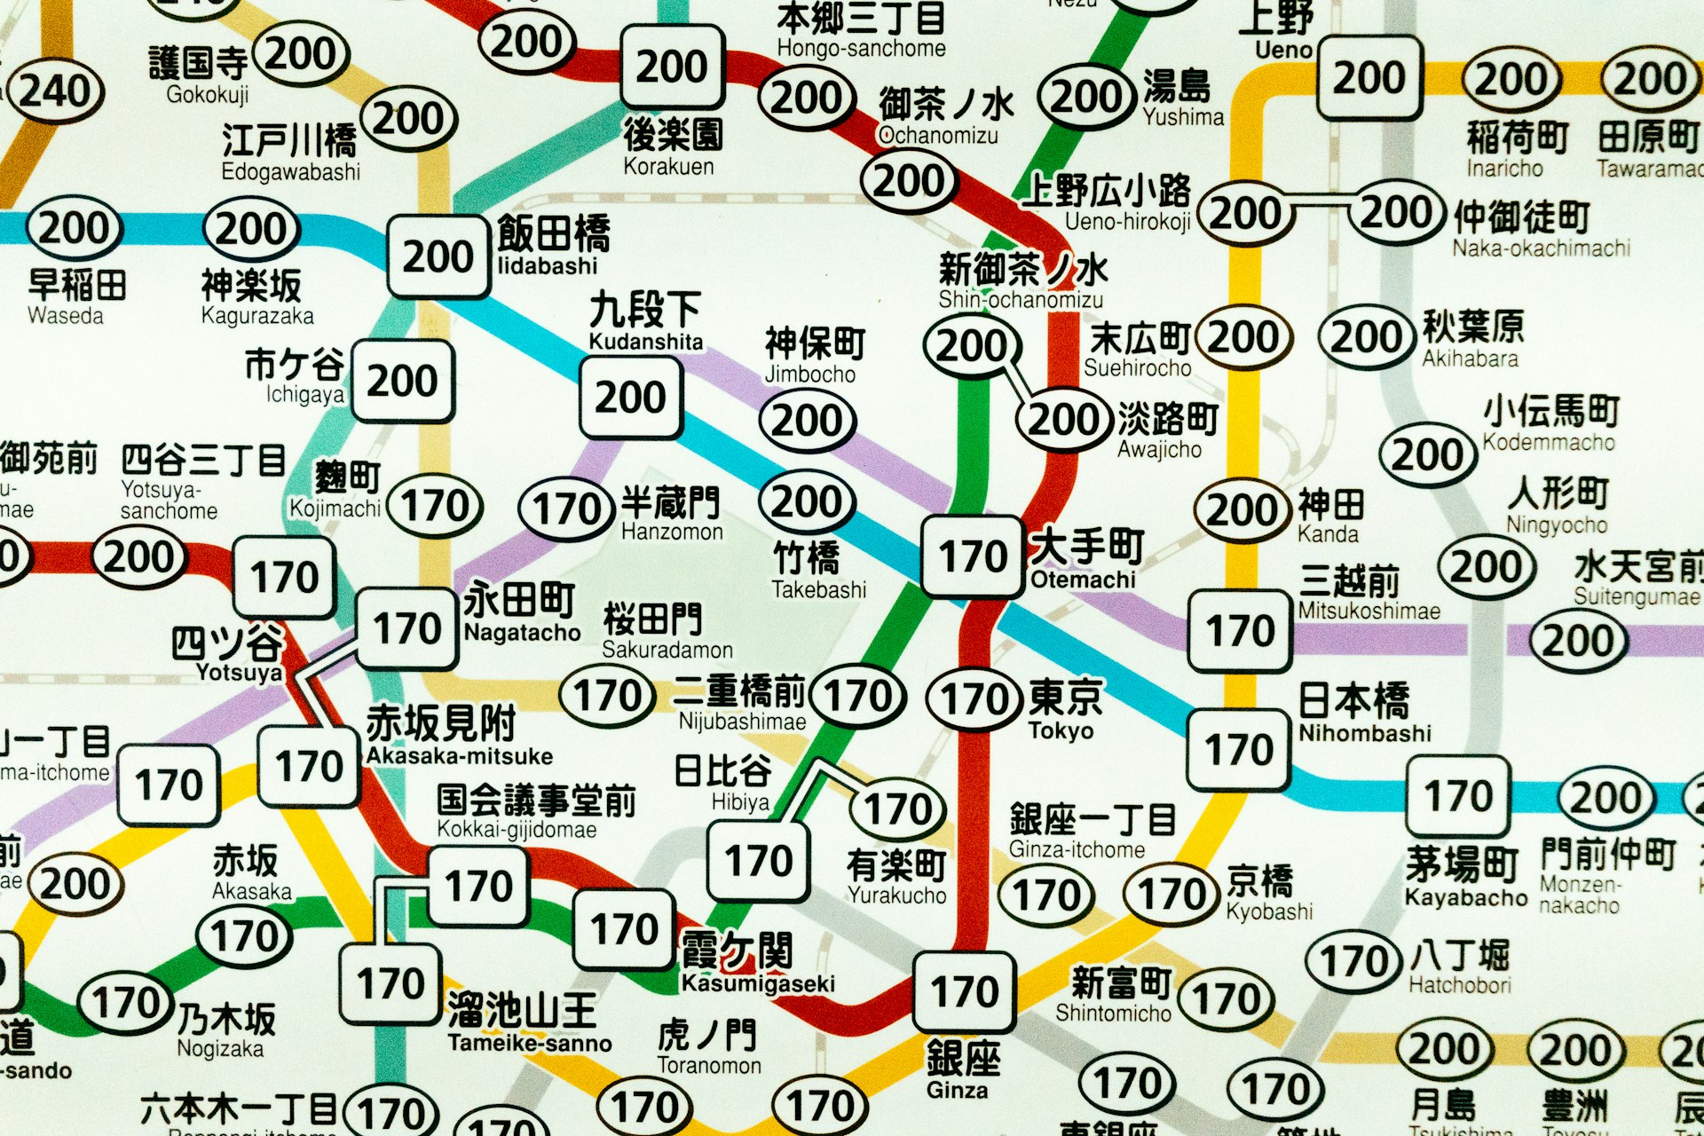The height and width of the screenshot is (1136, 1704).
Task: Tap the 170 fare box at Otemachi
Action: click(973, 556)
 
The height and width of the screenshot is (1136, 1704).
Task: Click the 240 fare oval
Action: click(55, 91)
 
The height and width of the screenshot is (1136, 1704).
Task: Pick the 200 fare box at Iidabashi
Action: click(438, 256)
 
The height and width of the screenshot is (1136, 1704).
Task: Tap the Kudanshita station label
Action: click(645, 321)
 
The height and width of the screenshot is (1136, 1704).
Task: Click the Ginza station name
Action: click(963, 1069)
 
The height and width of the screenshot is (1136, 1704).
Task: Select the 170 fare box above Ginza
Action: click(965, 991)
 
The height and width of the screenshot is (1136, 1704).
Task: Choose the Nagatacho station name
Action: click(521, 611)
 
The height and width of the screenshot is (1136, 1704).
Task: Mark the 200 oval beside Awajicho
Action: click(1063, 420)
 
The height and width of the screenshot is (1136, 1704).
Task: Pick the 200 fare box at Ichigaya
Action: click(403, 381)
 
